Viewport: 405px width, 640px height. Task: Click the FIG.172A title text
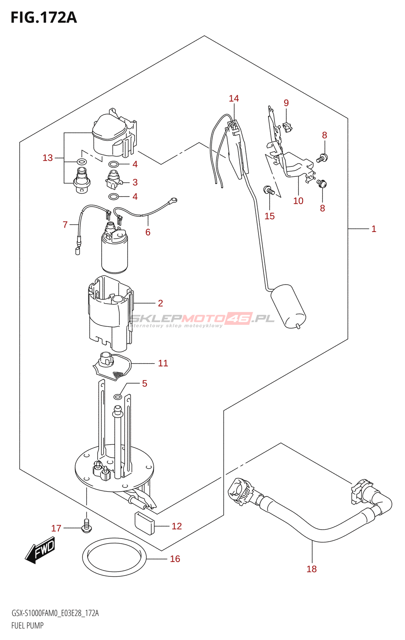(x=43, y=18)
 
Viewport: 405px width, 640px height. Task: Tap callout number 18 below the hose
(x=311, y=569)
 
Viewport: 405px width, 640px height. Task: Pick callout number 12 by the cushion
(x=176, y=526)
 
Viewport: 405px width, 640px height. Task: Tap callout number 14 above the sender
(x=234, y=98)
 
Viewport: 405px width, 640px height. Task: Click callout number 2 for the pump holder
(x=160, y=303)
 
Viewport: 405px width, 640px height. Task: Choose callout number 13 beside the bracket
(x=48, y=158)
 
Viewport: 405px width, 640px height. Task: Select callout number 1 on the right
(x=373, y=229)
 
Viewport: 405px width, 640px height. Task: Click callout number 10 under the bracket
(x=298, y=201)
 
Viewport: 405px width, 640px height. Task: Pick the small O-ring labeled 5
(x=118, y=397)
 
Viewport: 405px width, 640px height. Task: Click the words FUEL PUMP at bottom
(x=27, y=625)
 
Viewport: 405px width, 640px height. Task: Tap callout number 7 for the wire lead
(x=65, y=225)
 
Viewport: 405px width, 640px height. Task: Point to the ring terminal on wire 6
(x=173, y=200)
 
